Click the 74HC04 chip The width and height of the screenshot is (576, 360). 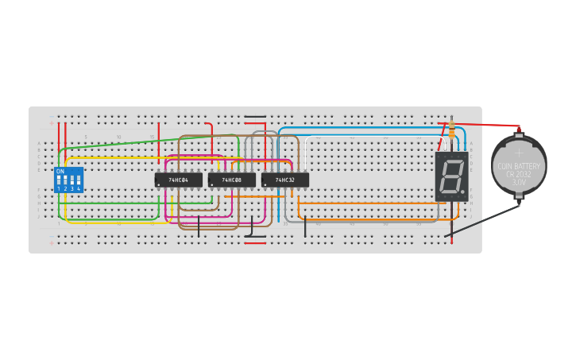click(x=178, y=180)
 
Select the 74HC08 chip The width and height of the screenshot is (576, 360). click(x=231, y=180)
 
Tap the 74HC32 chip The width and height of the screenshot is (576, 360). click(x=284, y=180)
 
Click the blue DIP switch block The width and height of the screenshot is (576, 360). click(x=68, y=180)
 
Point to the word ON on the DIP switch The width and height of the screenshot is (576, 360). click(x=60, y=171)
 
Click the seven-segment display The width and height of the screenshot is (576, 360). click(x=451, y=176)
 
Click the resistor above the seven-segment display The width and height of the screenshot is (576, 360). click(x=451, y=130)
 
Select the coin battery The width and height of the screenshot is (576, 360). click(x=519, y=166)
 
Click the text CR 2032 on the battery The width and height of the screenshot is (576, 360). click(x=519, y=174)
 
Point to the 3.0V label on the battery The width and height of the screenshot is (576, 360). click(x=519, y=182)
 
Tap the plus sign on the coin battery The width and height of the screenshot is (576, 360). click(x=519, y=152)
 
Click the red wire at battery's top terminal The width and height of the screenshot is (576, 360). click(x=485, y=125)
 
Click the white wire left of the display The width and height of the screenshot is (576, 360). click(x=307, y=151)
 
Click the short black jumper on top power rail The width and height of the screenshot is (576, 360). click(x=255, y=117)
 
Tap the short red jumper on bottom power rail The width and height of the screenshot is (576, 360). click(x=255, y=243)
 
